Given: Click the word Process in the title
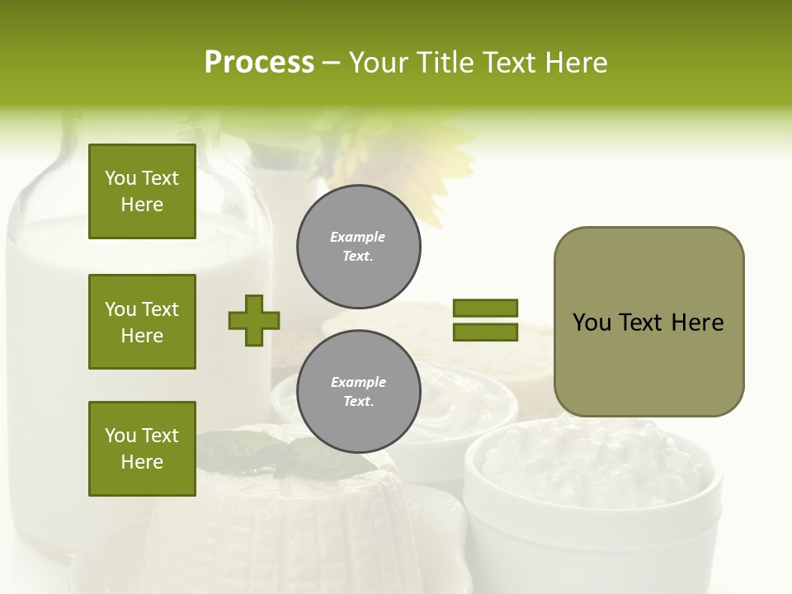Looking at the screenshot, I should pos(259,63).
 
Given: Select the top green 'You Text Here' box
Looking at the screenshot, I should pos(142,191).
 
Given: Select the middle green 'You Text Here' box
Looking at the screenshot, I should pos(142,322).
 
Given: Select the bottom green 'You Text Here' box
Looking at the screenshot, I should pos(142,449).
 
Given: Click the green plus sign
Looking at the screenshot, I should pos(254,320).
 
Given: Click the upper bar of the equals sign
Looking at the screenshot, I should pos(485,308).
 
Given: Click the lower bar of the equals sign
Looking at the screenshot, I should pos(485,332).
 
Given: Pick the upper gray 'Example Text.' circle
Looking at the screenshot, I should pos(359,247).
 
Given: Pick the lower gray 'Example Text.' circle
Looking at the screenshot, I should pos(359,392).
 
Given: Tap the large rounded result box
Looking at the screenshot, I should pos(648,363).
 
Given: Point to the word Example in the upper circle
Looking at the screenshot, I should pos(358,237).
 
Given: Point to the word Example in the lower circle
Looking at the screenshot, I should pos(358,382).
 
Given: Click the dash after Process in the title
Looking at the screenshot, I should pos(331,63).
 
